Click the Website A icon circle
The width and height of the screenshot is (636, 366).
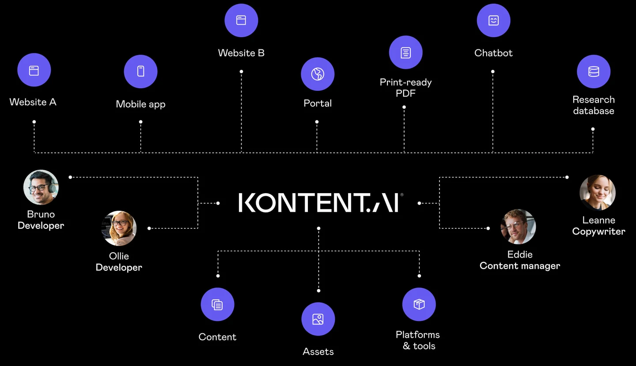(x=34, y=70)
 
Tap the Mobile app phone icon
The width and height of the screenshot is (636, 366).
(x=140, y=71)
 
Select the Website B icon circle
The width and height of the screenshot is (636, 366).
(x=241, y=20)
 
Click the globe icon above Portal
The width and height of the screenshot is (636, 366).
(x=318, y=74)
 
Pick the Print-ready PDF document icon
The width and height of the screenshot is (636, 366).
(x=405, y=52)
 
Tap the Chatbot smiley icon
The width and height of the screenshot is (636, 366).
(x=493, y=20)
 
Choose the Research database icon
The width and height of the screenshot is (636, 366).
(x=594, y=71)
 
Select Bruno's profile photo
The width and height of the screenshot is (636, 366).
(x=41, y=187)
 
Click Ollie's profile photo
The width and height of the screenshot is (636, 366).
(x=119, y=228)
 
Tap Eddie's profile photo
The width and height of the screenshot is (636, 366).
(x=518, y=227)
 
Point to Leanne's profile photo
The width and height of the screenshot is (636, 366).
(x=598, y=193)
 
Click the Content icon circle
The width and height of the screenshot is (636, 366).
(x=217, y=304)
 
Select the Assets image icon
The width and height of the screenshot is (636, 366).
(x=318, y=319)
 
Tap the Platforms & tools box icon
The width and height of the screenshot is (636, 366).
(x=419, y=304)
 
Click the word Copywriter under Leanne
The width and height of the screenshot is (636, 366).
(x=598, y=232)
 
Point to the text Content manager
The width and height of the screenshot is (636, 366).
(x=520, y=266)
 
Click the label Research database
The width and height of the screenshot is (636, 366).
(x=594, y=105)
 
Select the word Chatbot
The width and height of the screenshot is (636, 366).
(x=493, y=53)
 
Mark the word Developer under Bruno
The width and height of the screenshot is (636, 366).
(x=41, y=225)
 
